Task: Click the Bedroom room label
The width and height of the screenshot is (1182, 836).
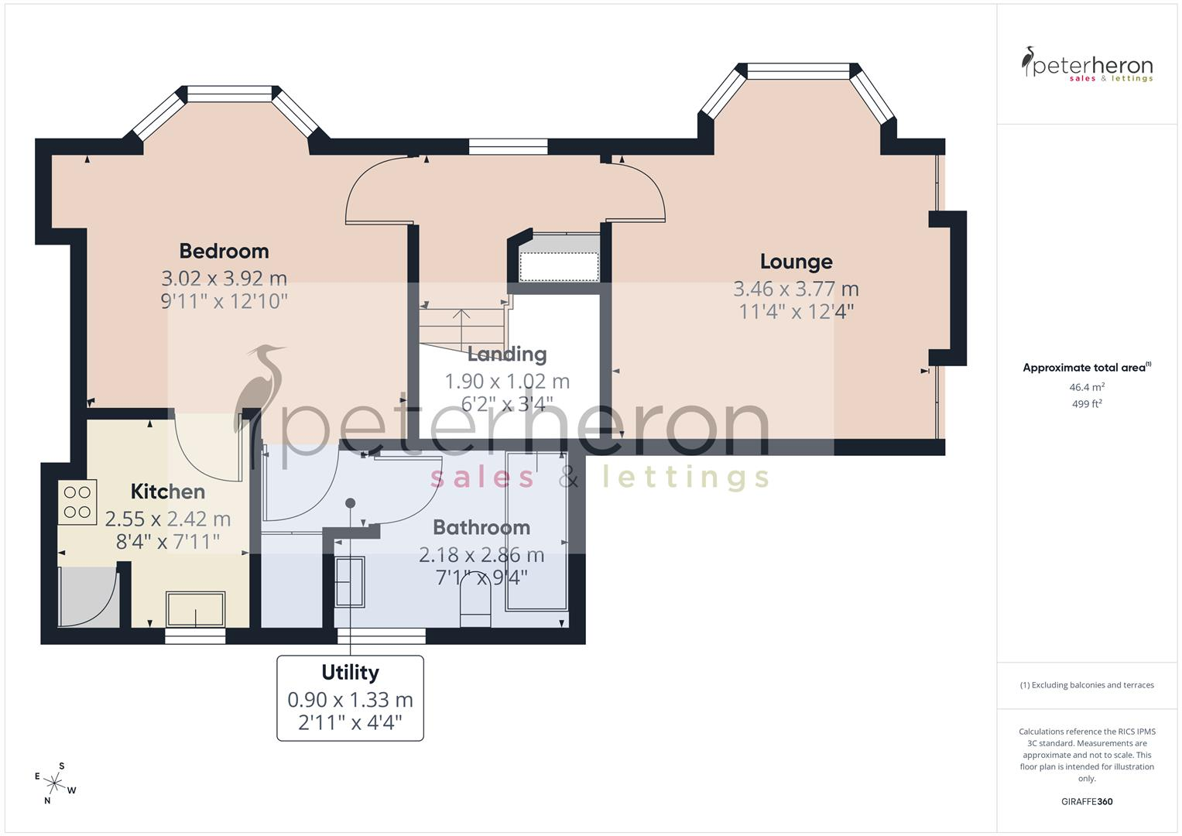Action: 224,252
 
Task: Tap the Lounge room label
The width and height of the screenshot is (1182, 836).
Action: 797,262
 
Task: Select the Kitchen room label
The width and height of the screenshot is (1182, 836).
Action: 168,492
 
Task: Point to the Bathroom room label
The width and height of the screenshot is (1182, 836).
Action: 481,527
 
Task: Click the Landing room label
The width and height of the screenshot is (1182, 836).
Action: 507,355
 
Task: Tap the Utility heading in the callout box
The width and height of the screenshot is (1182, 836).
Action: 351,673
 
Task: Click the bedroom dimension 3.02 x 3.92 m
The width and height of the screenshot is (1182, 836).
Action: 224,278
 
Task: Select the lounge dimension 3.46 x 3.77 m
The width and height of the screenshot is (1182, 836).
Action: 797,289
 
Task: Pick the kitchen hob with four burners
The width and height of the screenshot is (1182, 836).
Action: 77,502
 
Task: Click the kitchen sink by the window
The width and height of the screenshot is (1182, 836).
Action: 196,609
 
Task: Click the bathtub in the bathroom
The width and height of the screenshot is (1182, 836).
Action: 536,531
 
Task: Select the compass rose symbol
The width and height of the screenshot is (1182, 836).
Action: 54,783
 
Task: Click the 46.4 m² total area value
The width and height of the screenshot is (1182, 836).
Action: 1087,387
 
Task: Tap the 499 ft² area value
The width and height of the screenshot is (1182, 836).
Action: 1087,404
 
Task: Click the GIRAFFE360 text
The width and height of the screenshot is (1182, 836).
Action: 1087,801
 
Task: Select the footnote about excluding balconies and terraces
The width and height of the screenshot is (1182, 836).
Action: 1087,685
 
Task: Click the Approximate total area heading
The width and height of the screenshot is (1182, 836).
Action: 1087,368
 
